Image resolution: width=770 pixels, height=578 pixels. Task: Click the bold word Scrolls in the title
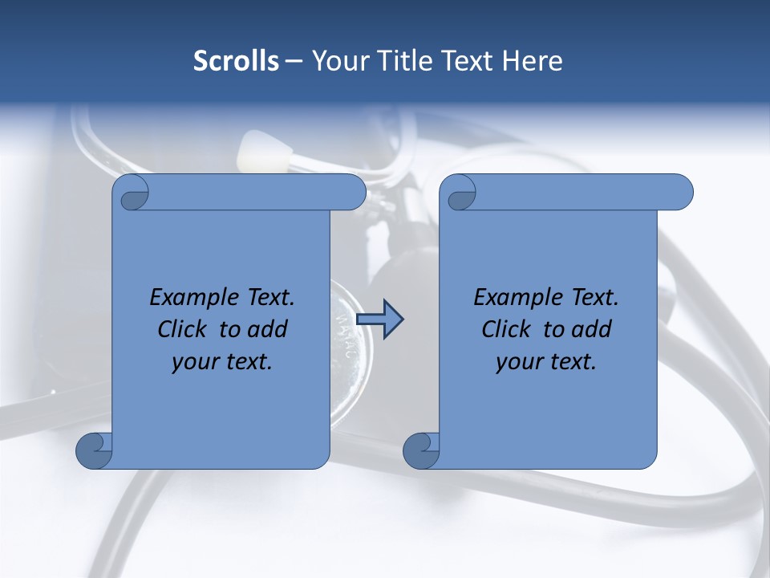click(x=236, y=61)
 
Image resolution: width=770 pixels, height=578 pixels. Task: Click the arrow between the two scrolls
click(x=379, y=320)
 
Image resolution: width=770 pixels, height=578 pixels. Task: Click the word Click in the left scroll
click(x=184, y=329)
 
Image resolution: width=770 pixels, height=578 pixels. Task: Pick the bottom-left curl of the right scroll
click(x=422, y=450)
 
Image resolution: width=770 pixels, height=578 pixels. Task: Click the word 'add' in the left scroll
click(x=268, y=329)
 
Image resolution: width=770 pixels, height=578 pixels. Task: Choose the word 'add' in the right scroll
click(x=592, y=329)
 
